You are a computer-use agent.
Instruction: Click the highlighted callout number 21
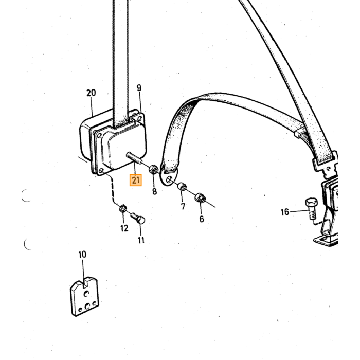(135, 180)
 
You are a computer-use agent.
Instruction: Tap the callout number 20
(91, 93)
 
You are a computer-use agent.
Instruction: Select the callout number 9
(139, 88)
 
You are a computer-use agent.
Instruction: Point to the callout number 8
(154, 191)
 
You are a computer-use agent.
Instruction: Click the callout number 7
(183, 206)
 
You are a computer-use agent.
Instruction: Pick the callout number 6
(202, 219)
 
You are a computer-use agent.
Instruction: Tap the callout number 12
(124, 228)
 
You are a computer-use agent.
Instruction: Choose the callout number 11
(141, 240)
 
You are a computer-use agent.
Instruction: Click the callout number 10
(82, 255)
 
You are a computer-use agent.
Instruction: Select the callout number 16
(285, 212)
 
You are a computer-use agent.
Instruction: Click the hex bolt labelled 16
(312, 209)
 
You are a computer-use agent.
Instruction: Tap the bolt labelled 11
(138, 219)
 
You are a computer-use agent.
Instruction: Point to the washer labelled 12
(123, 209)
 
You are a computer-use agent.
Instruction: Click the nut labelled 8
(153, 170)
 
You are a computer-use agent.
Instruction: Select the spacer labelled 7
(182, 186)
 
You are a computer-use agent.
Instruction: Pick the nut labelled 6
(200, 197)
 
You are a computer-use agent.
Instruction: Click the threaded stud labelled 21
(135, 158)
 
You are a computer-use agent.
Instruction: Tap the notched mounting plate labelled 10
(84, 296)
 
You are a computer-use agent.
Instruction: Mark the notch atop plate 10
(85, 282)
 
